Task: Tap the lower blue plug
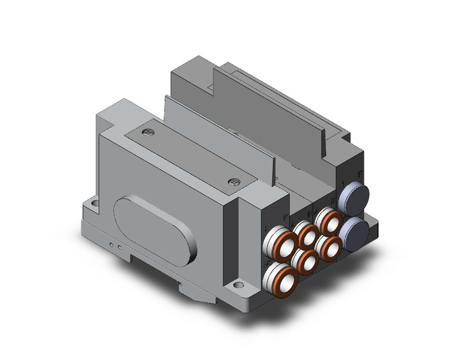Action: pos(355,232)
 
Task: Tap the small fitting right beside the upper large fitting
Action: pos(305,233)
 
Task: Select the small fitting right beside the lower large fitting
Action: pos(305,260)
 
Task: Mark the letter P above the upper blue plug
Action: pos(359,175)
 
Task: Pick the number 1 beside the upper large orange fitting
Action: pos(264,232)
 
